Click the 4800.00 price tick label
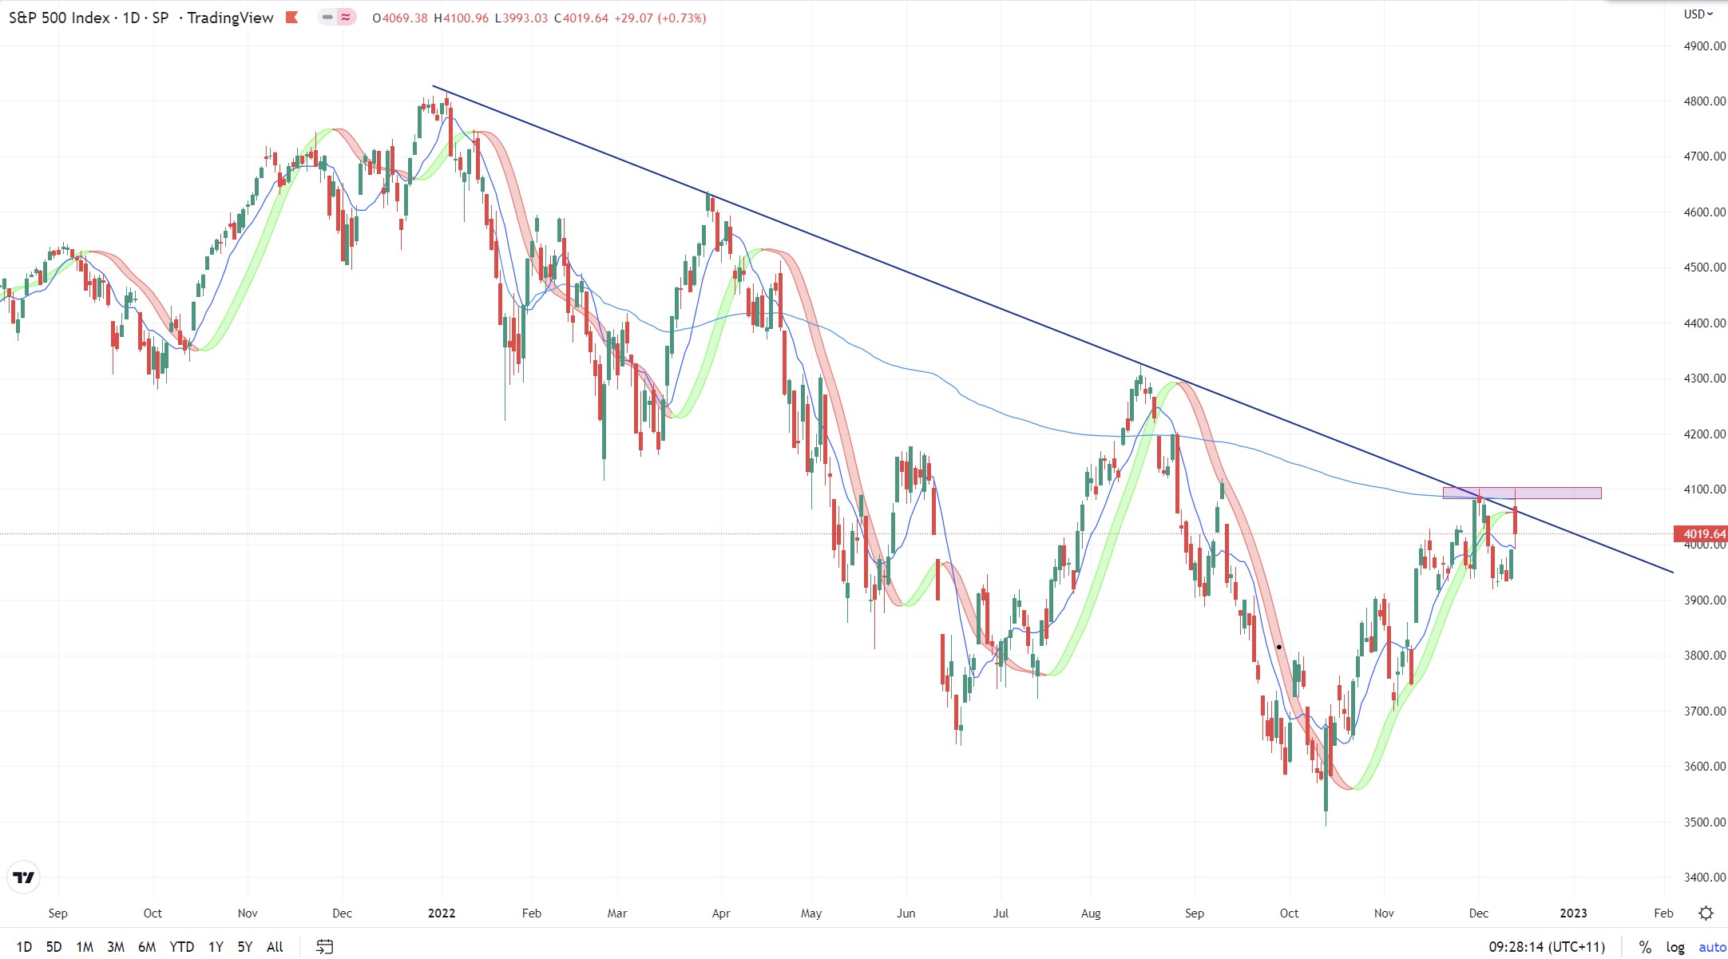click(1704, 101)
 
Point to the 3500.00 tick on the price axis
click(1704, 822)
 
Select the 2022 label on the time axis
click(442, 913)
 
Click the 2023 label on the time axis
click(1573, 913)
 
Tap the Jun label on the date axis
click(906, 913)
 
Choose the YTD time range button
click(181, 947)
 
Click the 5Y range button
click(244, 947)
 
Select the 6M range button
click(147, 947)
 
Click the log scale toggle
click(1674, 947)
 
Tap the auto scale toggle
click(1712, 947)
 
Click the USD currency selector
click(1698, 14)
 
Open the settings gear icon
click(1706, 913)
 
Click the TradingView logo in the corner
click(24, 878)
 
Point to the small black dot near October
click(1279, 647)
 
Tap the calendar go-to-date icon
click(324, 947)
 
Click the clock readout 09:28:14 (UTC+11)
click(1547, 947)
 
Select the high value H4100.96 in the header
click(462, 18)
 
